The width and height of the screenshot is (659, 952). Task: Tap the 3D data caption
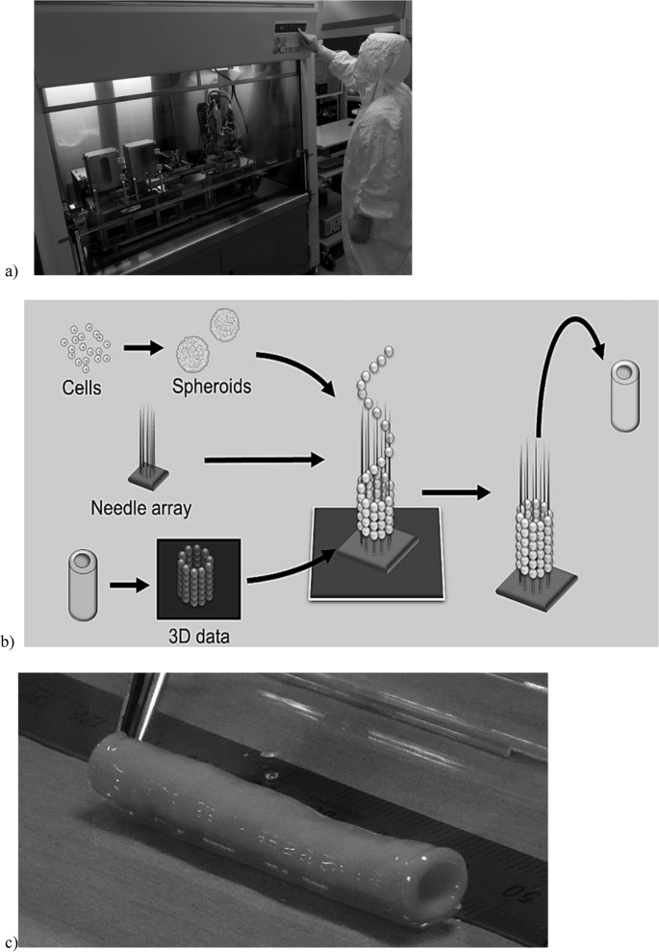197,630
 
